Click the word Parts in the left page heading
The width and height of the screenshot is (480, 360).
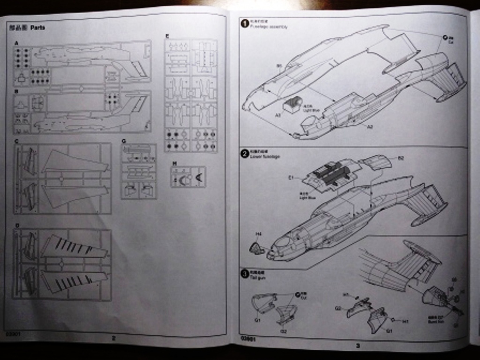point(37,28)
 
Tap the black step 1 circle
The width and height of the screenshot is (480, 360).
point(244,23)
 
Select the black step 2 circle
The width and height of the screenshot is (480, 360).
point(244,153)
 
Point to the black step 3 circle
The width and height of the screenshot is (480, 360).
point(244,274)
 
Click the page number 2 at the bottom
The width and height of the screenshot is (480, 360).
point(113,337)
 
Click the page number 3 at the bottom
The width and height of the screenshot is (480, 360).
point(357,346)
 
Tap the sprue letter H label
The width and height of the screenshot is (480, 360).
point(174,163)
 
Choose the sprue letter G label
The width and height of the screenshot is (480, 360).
point(124,141)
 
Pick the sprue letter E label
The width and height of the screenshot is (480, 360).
point(167,36)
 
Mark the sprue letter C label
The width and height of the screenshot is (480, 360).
point(16,141)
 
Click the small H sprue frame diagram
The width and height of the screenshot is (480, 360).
point(188,177)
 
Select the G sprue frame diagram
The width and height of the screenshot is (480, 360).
point(139,172)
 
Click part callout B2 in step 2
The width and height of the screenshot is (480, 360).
point(401,158)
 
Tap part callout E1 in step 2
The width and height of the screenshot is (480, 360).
point(291,178)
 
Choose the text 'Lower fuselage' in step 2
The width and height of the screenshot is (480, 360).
point(265,157)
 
